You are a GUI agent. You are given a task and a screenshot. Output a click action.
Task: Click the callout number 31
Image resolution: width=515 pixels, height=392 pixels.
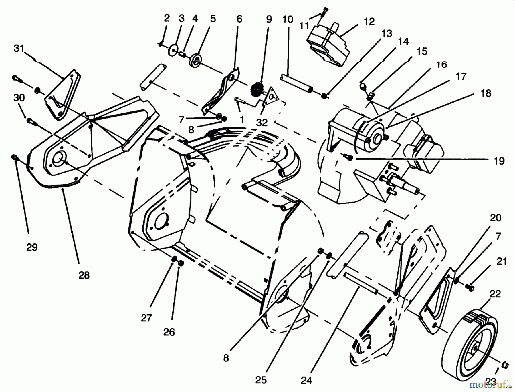pos(19,49)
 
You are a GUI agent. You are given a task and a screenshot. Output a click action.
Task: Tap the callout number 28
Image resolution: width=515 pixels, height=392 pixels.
pos(84,275)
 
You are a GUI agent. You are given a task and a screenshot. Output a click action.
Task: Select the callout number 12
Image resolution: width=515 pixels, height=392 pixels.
pos(369,21)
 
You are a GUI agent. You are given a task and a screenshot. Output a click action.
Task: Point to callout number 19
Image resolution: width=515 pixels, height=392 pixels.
pos(499,161)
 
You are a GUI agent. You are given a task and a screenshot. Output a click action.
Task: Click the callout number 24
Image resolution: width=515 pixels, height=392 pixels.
pos(306,380)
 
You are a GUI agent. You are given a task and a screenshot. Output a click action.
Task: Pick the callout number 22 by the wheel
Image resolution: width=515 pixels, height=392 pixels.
pos(495,294)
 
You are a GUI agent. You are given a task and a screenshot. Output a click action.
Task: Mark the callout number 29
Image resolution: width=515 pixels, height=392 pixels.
pos(32,247)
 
